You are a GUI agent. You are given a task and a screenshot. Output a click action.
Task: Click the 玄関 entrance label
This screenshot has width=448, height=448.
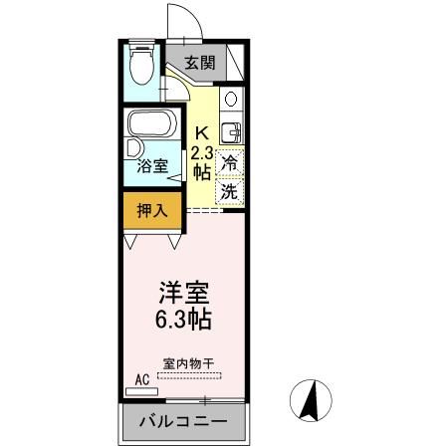pos(200,63)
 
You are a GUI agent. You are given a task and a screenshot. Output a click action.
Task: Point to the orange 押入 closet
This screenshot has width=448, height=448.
pos(151,211)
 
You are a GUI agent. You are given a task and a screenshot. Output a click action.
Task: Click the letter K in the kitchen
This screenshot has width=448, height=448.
pos(200,132)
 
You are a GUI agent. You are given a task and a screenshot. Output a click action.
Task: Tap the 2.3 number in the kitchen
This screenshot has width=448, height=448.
pos(201,152)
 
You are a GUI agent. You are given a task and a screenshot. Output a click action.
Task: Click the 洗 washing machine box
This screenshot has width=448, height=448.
pos(230,189)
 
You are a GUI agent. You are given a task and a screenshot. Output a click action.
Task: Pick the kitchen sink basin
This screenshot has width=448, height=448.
pos(230,130)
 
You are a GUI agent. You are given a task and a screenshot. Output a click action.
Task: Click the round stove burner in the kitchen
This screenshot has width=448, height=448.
pos(231,100)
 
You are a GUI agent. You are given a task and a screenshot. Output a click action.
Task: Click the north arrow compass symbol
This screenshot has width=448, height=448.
pos(310,400)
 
